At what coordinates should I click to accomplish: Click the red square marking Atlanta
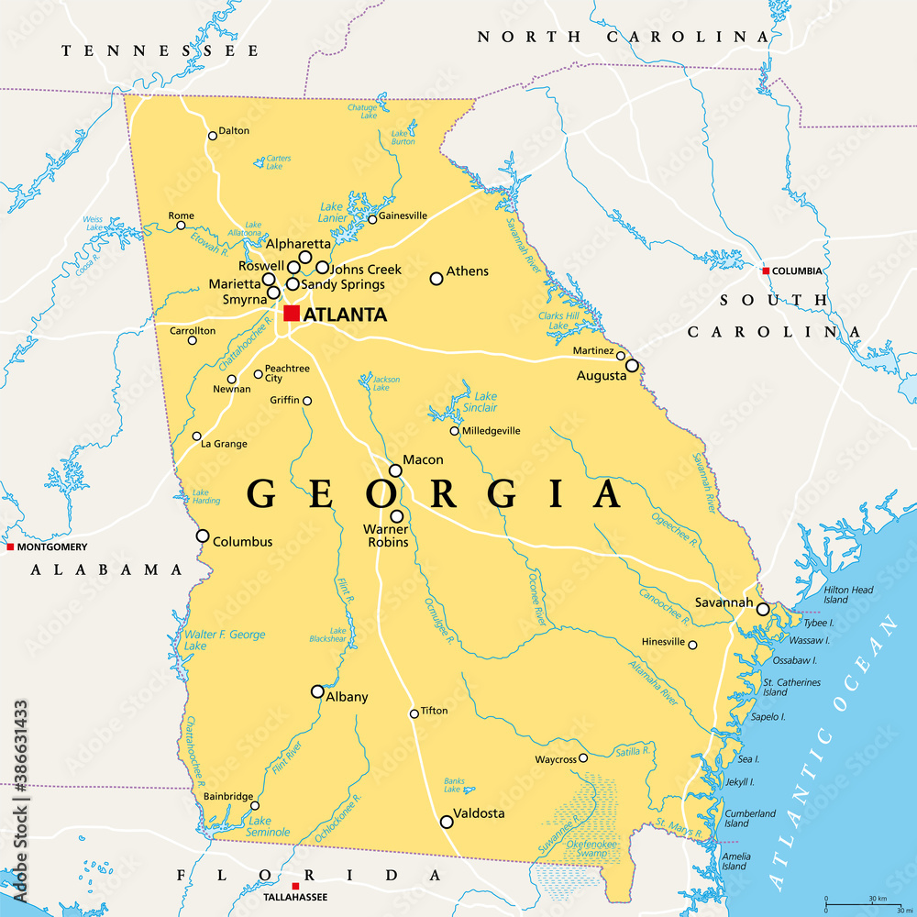click(292, 314)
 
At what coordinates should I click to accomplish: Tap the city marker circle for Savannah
click(762, 608)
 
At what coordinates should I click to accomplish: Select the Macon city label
click(423, 459)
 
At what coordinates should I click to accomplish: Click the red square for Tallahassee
click(294, 886)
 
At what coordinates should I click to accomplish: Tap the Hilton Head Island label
click(848, 595)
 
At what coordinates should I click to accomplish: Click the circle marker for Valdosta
click(447, 822)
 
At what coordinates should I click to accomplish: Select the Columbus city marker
click(203, 536)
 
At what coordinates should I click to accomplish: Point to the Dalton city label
click(234, 130)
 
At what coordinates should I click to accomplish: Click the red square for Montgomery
click(10, 547)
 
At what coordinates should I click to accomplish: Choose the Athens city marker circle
click(436, 278)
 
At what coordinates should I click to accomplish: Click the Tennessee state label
click(160, 51)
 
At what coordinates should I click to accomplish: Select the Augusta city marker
click(632, 365)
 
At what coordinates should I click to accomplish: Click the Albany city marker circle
click(317, 691)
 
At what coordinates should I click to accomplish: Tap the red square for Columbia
click(766, 271)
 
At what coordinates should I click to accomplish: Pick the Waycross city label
click(555, 759)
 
